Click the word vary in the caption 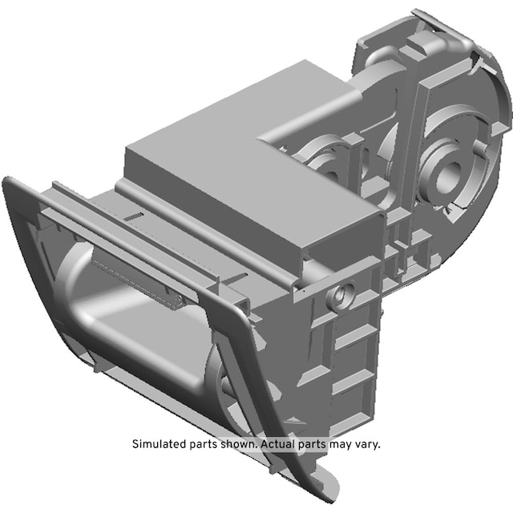click(370, 445)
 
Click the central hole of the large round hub click(448, 176)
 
